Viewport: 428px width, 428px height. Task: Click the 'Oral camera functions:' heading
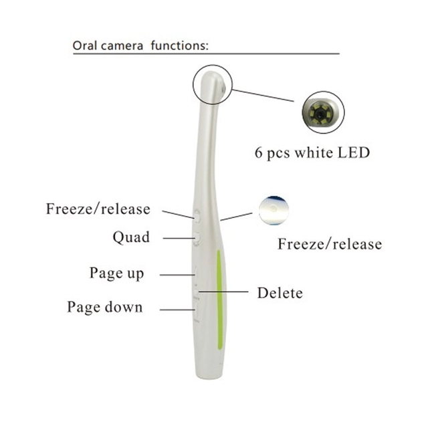[x=140, y=45]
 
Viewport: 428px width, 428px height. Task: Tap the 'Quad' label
[x=131, y=237]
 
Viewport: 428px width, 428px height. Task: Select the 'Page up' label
[x=117, y=274]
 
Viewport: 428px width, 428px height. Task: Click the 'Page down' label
[x=105, y=307]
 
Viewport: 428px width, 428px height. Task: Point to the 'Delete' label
[x=280, y=293]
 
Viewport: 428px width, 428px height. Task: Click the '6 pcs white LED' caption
[x=312, y=152]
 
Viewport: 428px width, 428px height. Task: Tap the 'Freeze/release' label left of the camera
[x=98, y=209]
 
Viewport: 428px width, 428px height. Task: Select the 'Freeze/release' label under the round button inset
[x=330, y=243]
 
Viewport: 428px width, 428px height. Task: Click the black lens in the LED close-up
[x=319, y=112]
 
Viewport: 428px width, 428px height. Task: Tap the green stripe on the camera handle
[x=219, y=300]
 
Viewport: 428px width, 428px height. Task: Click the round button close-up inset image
[x=274, y=211]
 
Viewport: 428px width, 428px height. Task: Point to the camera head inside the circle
[x=213, y=85]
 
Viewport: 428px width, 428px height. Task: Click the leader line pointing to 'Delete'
[x=223, y=292]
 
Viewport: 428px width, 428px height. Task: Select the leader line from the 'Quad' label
[x=179, y=238]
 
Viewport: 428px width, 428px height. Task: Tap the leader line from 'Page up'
[x=177, y=275]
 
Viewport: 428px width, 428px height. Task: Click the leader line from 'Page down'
[x=177, y=310]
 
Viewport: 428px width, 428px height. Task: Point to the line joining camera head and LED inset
[x=263, y=96]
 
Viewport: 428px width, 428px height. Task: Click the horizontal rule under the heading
[x=207, y=53]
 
